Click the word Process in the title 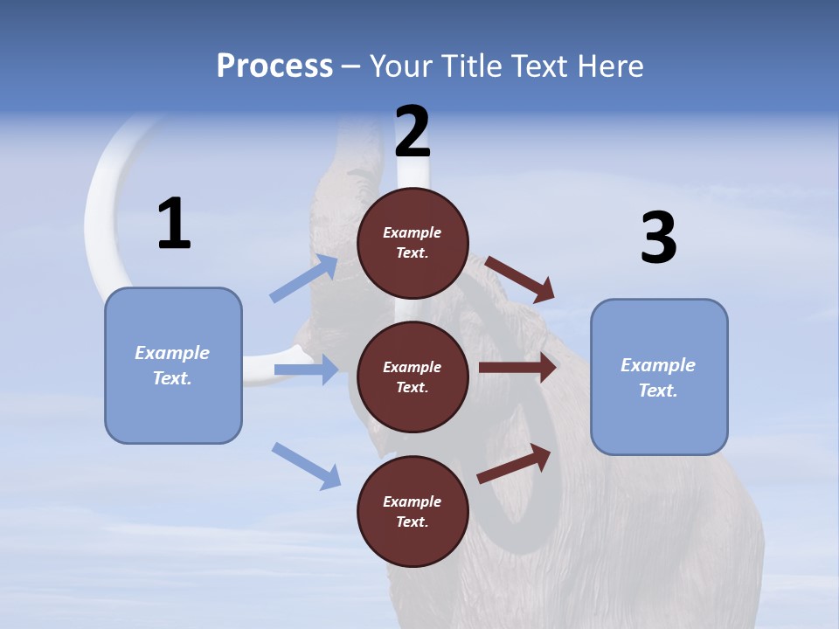(x=274, y=66)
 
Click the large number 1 (x=174, y=224)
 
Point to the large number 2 (x=413, y=131)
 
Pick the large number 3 (x=658, y=238)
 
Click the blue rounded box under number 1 (x=173, y=365)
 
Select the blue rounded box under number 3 (x=659, y=377)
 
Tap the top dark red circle (x=413, y=243)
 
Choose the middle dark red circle (x=413, y=377)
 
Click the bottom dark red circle (x=413, y=511)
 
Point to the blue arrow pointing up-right (x=303, y=279)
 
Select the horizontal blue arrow (x=306, y=370)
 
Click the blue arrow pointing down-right (x=306, y=465)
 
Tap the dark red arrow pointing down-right (x=519, y=279)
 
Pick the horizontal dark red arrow (x=517, y=368)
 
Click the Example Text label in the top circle (x=413, y=243)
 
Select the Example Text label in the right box (x=658, y=377)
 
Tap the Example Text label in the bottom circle (x=413, y=511)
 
